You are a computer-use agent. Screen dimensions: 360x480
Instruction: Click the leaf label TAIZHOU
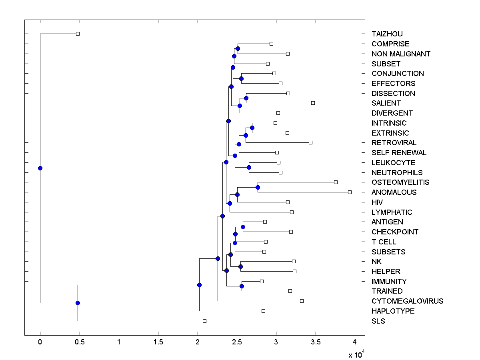[x=387, y=34]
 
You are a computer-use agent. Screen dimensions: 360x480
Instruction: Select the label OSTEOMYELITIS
[x=400, y=182]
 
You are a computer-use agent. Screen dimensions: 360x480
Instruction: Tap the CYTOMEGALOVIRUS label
[x=407, y=301]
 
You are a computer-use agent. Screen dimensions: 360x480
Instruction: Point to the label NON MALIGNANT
[x=401, y=54]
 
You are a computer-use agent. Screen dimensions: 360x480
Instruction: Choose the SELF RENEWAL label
[x=399, y=153]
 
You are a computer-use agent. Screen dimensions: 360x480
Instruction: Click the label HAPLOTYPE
[x=393, y=311]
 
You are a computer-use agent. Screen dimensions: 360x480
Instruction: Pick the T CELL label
[x=384, y=242]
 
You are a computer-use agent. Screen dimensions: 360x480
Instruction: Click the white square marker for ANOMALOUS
[x=350, y=192]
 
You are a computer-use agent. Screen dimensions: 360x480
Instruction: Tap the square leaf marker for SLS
[x=204, y=321]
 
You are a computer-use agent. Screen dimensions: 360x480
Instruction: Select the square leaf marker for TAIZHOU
[x=78, y=34]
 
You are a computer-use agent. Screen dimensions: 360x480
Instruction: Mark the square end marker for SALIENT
[x=313, y=103]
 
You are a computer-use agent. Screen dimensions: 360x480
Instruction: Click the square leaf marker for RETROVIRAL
[x=310, y=142]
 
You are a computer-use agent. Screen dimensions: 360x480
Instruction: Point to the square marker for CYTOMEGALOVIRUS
[x=302, y=301]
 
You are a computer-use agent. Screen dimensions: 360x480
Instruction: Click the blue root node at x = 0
[x=40, y=168]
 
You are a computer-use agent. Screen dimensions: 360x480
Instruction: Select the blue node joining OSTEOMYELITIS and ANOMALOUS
[x=258, y=187]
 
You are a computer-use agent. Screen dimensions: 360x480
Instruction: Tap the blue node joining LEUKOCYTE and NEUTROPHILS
[x=249, y=167]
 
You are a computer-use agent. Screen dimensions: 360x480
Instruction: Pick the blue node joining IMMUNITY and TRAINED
[x=242, y=286]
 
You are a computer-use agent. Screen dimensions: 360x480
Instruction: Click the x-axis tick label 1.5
[x=158, y=343]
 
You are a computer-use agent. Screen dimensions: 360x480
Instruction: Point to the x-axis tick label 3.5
[x=316, y=343]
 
